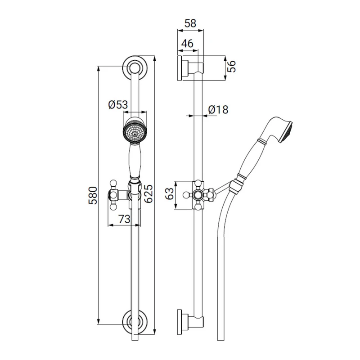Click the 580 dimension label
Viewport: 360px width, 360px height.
click(93, 196)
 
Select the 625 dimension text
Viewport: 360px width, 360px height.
click(148, 193)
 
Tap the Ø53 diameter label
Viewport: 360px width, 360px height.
click(118, 105)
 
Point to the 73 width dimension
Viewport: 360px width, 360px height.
click(125, 219)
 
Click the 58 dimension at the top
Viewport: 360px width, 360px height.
click(190, 23)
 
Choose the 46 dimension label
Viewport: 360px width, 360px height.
click(187, 43)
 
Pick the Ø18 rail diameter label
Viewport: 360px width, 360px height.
click(218, 109)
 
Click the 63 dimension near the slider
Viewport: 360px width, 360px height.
click(170, 194)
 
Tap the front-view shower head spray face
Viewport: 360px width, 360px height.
click(135, 133)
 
